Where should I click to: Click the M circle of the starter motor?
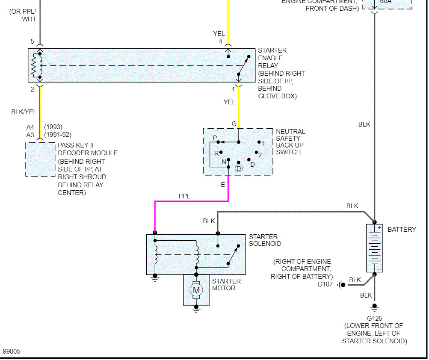coord(196,290)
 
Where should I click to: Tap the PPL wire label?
coord(185,196)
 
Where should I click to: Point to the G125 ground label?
coord(374,318)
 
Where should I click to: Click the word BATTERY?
coord(402,230)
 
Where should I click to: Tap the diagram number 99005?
coord(12,351)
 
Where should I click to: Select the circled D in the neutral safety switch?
coord(239,168)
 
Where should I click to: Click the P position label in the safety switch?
coord(215,137)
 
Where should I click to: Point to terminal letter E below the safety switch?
coord(222,185)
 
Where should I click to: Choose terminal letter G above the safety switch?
coord(234,124)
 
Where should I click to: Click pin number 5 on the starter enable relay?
coord(32,41)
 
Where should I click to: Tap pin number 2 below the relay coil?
coord(32,89)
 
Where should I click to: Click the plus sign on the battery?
coord(379,227)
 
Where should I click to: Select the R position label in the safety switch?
coord(216,153)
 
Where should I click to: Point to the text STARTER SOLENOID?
coord(265,240)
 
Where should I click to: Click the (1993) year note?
coord(53,127)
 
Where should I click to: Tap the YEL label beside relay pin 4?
coord(219,33)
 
